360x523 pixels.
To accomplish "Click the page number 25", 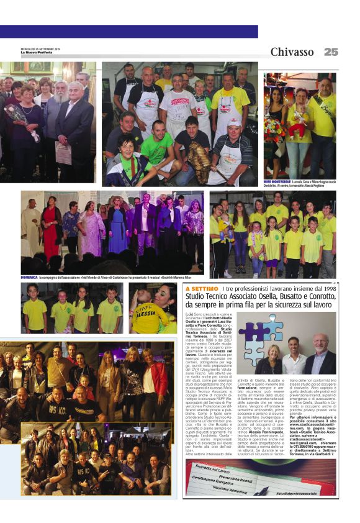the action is [331, 52].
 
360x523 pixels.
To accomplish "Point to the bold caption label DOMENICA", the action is [29, 278].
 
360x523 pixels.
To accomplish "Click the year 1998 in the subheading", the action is [328, 289].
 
